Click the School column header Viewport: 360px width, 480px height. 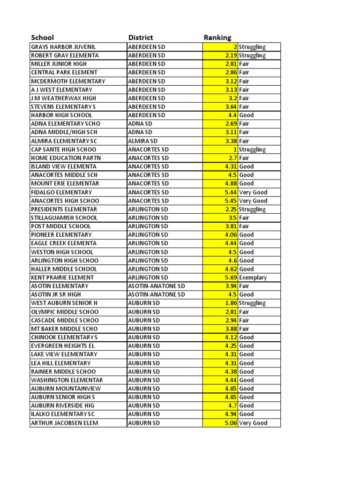[42, 37]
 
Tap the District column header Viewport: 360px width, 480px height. [140, 37]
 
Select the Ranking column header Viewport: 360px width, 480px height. [217, 37]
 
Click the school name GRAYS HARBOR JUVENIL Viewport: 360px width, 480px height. [63, 47]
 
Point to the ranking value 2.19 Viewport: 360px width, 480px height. [231, 55]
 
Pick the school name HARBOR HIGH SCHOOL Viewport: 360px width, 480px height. [59, 115]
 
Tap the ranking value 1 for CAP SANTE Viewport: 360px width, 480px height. [235, 150]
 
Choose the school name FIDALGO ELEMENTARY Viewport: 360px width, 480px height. [61, 192]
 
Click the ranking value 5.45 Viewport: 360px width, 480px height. [231, 201]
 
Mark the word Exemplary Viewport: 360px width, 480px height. [253, 277]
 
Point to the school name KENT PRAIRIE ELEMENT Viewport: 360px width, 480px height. [62, 277]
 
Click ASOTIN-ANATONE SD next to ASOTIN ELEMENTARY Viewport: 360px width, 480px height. [157, 286]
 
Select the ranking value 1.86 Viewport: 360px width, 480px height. [231, 303]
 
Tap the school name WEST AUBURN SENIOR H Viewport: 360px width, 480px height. [64, 303]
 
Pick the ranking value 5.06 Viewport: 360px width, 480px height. [231, 423]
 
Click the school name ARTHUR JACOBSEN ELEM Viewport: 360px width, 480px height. [64, 423]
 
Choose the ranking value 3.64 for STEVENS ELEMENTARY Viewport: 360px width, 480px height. [231, 107]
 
